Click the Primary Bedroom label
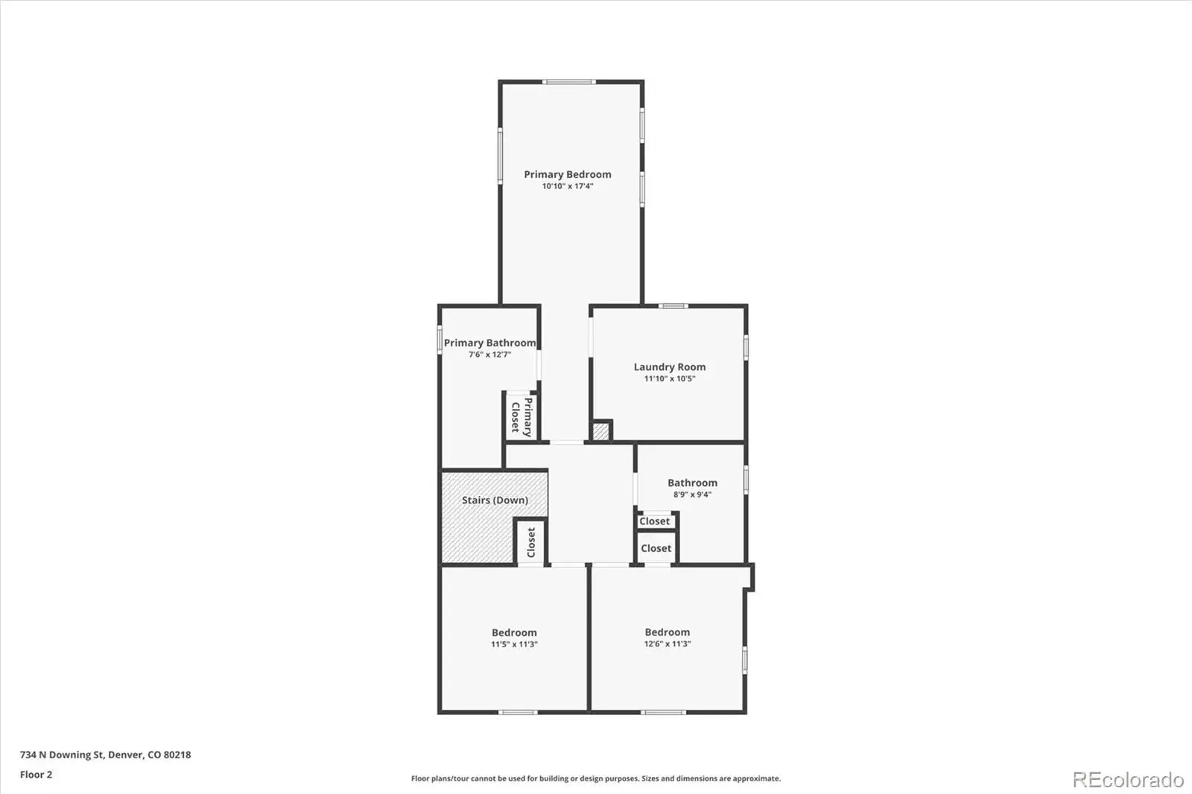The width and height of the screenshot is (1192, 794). (567, 174)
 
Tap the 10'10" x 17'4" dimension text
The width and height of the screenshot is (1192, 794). (567, 186)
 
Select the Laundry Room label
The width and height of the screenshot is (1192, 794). (670, 366)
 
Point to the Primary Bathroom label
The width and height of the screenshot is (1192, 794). (489, 343)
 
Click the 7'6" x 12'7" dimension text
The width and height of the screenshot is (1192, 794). (489, 355)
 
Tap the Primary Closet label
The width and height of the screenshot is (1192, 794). (521, 417)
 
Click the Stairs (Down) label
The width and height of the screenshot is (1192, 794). (495, 501)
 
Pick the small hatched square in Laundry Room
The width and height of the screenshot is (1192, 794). (600, 431)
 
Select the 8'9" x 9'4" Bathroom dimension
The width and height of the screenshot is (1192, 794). (692, 495)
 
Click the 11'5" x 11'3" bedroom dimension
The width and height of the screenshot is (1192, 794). (514, 644)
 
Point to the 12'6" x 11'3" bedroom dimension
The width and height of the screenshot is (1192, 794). (668, 644)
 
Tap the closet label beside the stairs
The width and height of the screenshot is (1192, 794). (531, 542)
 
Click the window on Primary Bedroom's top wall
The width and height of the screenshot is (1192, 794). (569, 82)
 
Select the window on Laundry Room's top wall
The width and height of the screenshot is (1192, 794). (673, 306)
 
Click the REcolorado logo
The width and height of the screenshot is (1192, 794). (1128, 780)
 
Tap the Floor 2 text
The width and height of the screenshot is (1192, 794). (37, 775)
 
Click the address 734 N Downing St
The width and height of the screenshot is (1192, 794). (62, 755)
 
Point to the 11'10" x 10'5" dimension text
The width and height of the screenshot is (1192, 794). (670, 379)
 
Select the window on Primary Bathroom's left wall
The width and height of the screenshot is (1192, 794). (440, 340)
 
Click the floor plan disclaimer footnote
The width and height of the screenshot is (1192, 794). (596, 778)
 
